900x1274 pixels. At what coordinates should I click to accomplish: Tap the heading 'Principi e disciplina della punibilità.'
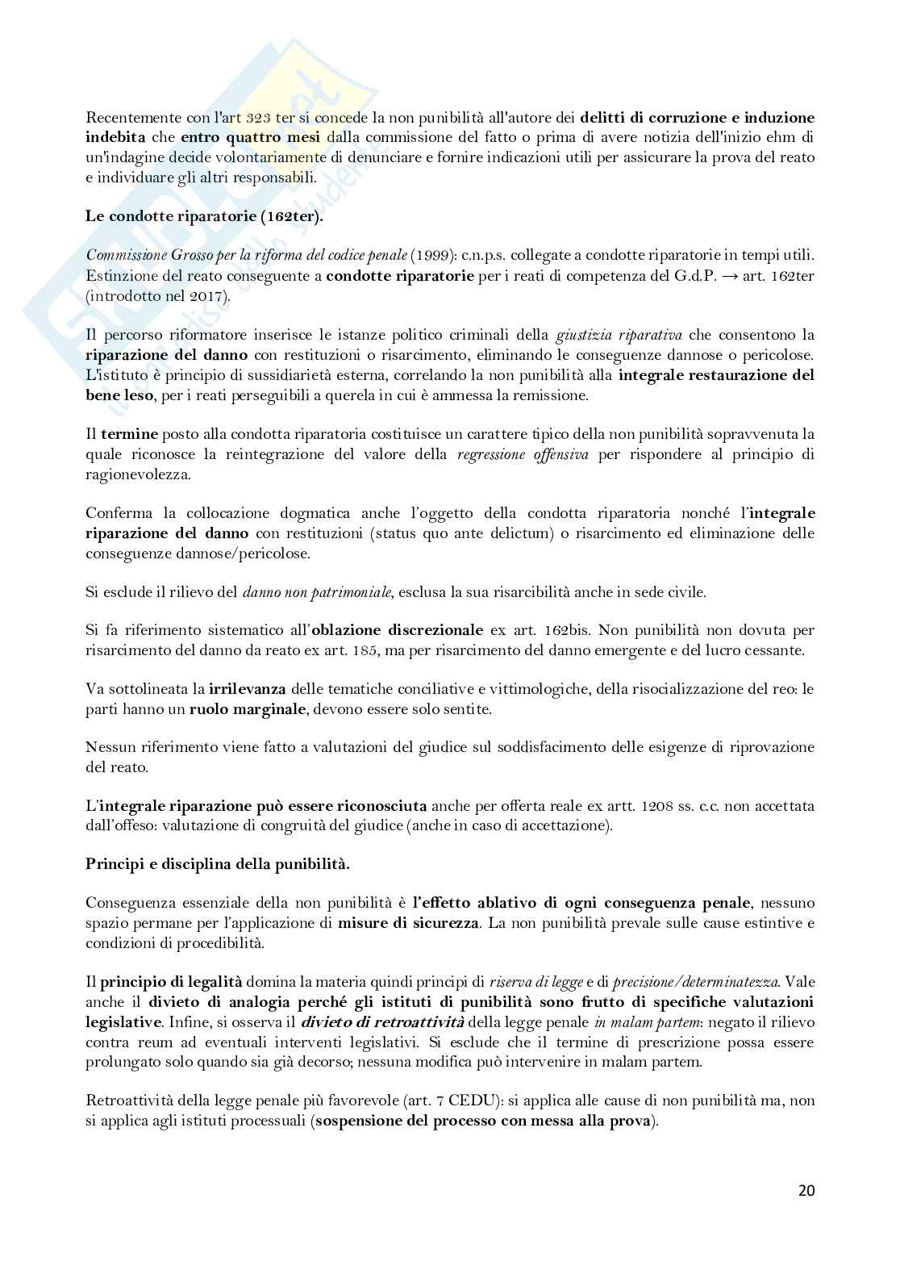[218, 863]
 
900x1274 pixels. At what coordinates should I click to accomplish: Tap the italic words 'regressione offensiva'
[522, 454]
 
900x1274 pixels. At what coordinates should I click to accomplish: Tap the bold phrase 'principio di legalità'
[171, 982]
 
